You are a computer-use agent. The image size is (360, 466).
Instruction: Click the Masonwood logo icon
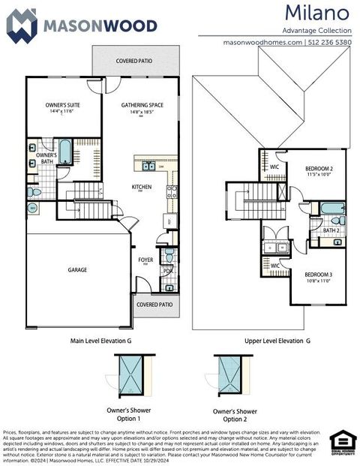click(x=21, y=25)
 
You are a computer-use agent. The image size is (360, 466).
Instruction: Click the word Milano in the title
click(x=316, y=13)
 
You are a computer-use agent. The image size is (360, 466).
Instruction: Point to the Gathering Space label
click(x=142, y=105)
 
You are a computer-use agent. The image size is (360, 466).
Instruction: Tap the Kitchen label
click(x=142, y=187)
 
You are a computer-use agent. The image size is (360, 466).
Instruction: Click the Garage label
click(x=77, y=269)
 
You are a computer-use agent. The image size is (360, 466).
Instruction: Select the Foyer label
click(x=145, y=260)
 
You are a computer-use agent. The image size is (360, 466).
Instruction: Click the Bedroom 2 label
click(x=319, y=168)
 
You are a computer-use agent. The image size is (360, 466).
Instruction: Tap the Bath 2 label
click(x=330, y=230)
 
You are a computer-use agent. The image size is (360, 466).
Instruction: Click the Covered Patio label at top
click(x=135, y=60)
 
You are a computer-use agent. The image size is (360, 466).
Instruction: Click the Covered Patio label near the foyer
click(x=154, y=305)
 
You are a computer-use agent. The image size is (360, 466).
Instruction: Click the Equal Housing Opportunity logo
click(x=343, y=442)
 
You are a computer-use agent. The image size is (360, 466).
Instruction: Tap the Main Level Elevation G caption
click(x=101, y=341)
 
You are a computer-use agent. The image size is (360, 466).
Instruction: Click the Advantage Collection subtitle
click(x=316, y=30)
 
